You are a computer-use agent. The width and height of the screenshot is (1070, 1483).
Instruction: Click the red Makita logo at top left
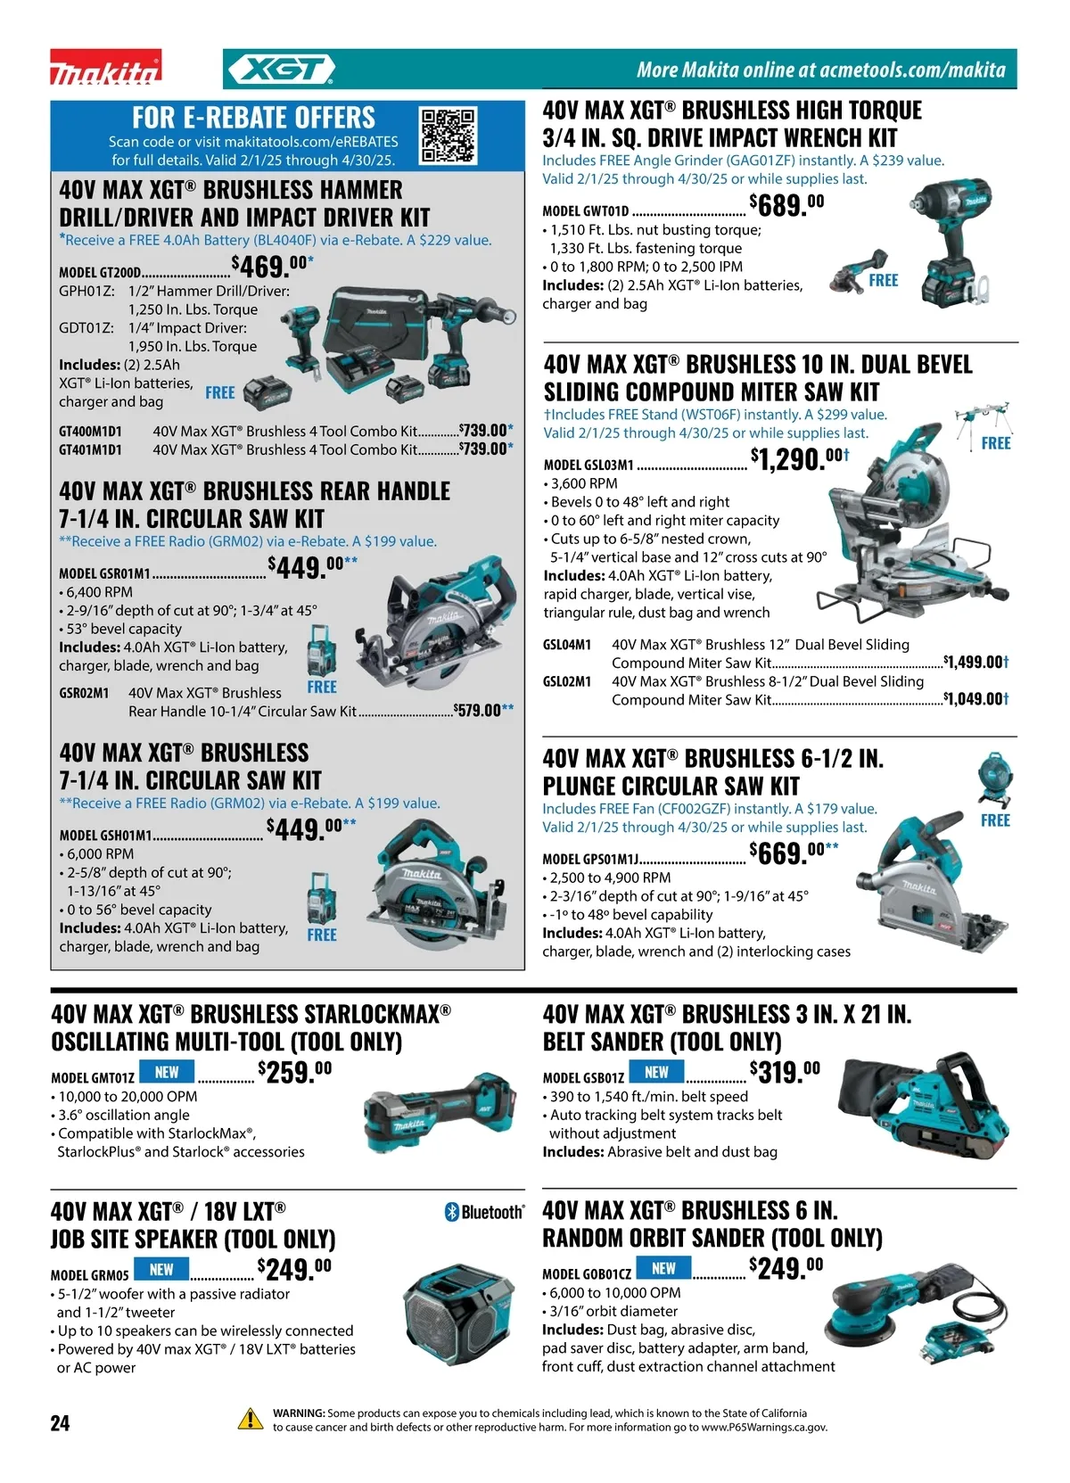[x=106, y=67]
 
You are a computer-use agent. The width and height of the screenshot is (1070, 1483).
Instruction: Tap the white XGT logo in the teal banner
[x=282, y=69]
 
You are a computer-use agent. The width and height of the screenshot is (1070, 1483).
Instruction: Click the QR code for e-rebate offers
[x=449, y=136]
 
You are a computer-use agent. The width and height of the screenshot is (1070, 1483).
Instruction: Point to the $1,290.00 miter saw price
[x=800, y=458]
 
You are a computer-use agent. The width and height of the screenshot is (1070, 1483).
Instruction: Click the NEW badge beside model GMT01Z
[x=167, y=1072]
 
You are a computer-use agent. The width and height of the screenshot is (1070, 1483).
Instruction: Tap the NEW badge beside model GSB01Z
[x=656, y=1072]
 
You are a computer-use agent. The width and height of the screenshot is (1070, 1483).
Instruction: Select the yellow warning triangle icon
[x=251, y=1418]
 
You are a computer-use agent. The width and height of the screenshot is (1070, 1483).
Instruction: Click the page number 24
[x=60, y=1422]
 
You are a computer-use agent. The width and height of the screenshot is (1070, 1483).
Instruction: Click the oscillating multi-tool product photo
[x=440, y=1113]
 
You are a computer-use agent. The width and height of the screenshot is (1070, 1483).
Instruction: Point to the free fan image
[x=995, y=780]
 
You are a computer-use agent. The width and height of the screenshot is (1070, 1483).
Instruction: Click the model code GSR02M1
[x=84, y=693]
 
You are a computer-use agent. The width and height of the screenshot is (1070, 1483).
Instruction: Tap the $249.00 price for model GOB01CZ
[x=786, y=1268]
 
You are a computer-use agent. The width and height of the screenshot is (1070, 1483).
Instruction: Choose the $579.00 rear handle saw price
[x=483, y=711]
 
